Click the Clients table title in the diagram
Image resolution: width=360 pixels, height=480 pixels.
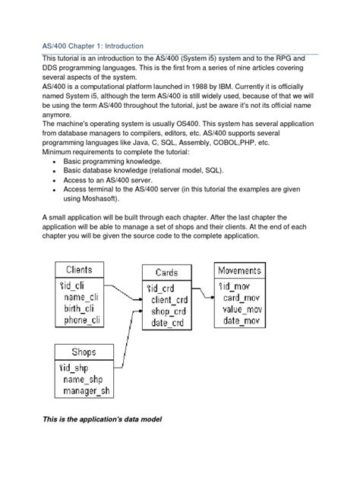pos(80,270)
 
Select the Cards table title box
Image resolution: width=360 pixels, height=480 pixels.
pos(166,273)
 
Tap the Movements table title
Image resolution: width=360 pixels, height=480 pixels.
pos(239,270)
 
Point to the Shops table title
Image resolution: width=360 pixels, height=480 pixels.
pos(84,352)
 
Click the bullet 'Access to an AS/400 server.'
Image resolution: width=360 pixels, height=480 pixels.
pos(114,182)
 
